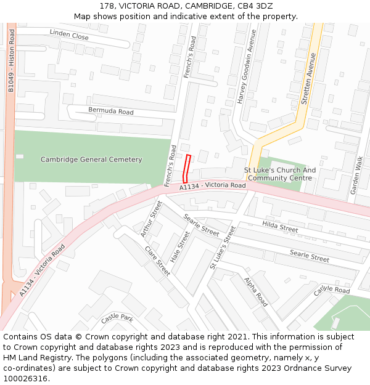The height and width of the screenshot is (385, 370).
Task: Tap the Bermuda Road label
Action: tap(111, 111)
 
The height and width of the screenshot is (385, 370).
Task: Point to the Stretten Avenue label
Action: tap(309, 78)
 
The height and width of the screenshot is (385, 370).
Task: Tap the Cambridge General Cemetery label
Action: tap(91, 160)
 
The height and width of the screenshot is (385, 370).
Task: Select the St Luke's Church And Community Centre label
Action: tap(280, 174)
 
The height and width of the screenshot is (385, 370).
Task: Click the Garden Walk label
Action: tap(356, 176)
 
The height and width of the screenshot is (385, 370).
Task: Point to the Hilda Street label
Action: tap(280, 227)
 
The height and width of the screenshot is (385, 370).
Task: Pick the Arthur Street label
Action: tap(150, 218)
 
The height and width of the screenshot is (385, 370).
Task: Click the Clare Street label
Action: tap(157, 261)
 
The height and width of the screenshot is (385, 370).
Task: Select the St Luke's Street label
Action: tap(223, 247)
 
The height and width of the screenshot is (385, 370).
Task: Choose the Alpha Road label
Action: tap(255, 292)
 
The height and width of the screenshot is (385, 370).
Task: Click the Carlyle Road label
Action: tap(331, 290)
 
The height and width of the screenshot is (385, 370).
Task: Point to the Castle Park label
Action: tap(117, 318)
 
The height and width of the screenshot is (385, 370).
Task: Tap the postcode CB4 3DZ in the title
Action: tap(255, 6)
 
